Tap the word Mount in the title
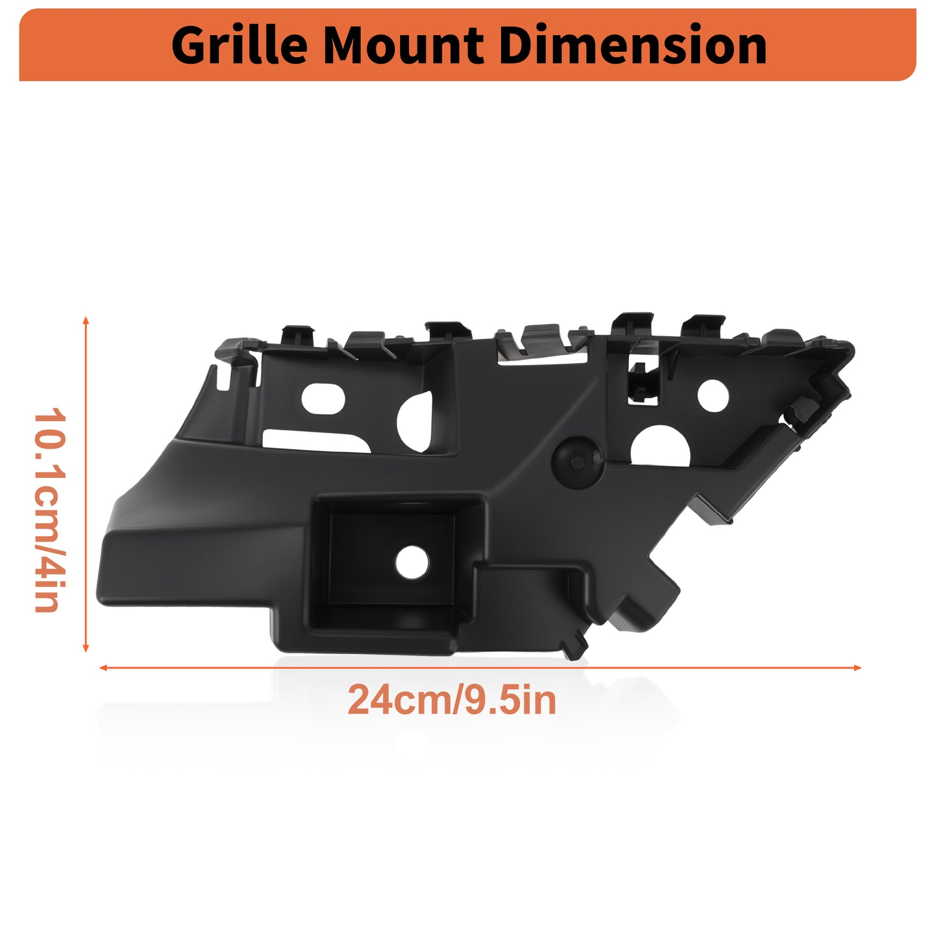pos(403,46)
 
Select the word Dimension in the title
pos(633,45)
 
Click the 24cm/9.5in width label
pos(451,700)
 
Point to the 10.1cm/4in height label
pos(49,510)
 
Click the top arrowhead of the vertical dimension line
pos(86,320)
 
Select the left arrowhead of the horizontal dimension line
pos(103,668)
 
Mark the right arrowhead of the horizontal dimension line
pos(858,668)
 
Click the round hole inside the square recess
pos(412,563)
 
